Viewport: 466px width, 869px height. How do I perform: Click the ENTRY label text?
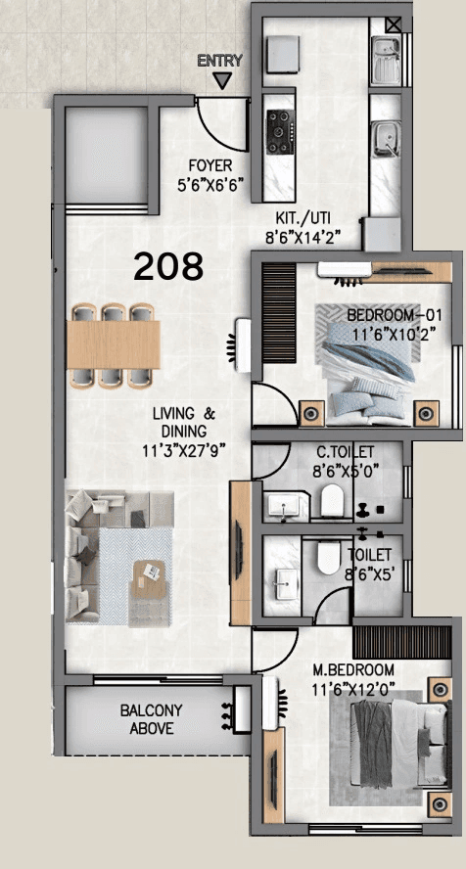pos(219,61)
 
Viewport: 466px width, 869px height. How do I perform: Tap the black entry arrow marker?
pos(224,81)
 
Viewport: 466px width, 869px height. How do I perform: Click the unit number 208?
pos(168,265)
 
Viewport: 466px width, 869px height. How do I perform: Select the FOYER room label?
pos(210,166)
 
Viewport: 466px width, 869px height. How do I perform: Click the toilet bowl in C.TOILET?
pos(332,503)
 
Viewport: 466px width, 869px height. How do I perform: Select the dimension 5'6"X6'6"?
pos(210,183)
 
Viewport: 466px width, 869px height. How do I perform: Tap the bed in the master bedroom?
pos(389,744)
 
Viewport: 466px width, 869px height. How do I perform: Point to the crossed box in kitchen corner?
pos(393,26)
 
